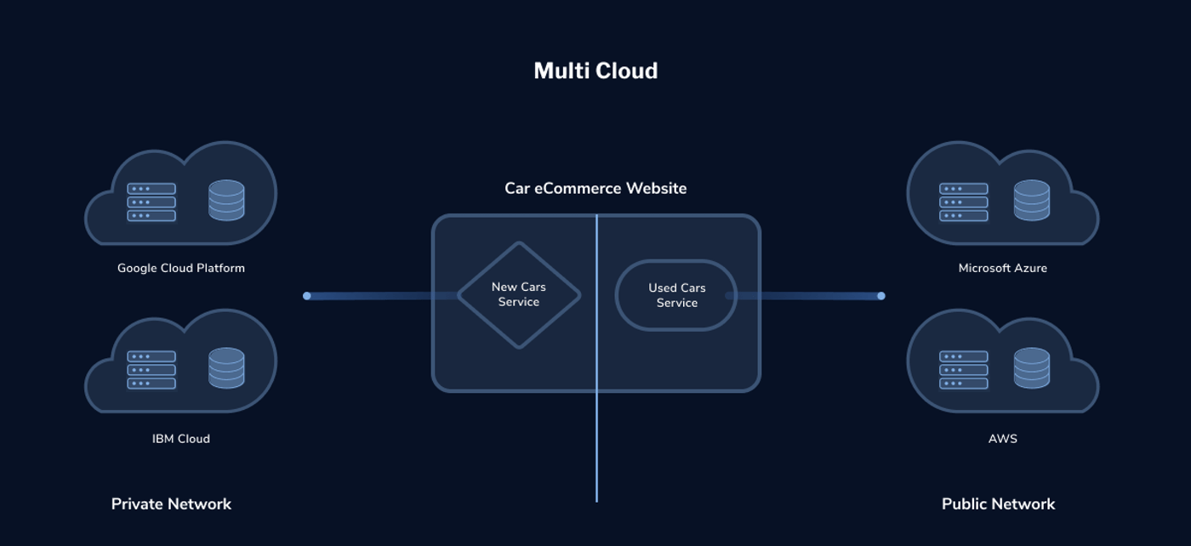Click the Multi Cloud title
[595, 71]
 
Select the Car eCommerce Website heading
[595, 188]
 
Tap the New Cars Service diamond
[519, 294]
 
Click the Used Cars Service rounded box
[676, 295]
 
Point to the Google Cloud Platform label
[181, 268]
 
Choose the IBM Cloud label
[181, 439]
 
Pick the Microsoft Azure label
[1003, 268]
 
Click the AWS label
[1003, 439]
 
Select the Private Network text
[171, 503]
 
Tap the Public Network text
[998, 503]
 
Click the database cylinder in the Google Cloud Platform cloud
[226, 201]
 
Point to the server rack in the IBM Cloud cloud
[151, 370]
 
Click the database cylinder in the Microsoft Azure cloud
[1031, 201]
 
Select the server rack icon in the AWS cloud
[964, 370]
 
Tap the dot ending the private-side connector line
[307, 296]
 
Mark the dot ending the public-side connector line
[881, 296]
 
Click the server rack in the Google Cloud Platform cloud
[151, 202]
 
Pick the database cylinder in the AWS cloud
[1031, 368]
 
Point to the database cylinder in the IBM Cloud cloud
[226, 368]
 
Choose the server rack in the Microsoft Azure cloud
[964, 202]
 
